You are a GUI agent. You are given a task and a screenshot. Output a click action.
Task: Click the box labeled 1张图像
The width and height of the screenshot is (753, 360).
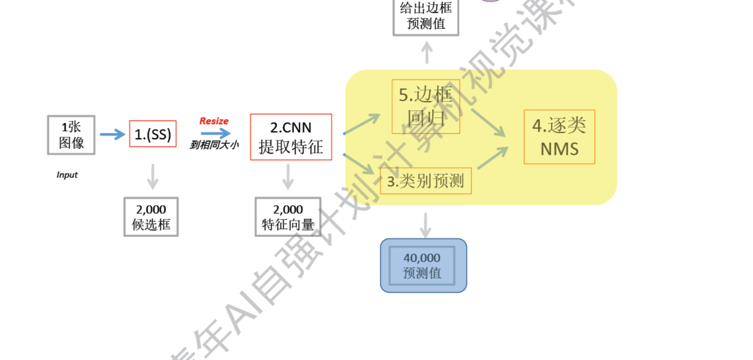click(71, 135)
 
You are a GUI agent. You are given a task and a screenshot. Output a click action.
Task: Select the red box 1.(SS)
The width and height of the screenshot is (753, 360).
click(152, 134)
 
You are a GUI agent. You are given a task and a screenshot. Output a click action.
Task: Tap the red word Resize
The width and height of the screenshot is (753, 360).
click(214, 121)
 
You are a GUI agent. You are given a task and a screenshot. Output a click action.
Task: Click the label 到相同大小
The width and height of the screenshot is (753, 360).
click(214, 145)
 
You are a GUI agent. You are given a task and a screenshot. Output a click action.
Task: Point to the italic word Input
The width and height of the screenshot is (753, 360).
click(67, 175)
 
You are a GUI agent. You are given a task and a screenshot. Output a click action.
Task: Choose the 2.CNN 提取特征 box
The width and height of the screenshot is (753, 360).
click(291, 137)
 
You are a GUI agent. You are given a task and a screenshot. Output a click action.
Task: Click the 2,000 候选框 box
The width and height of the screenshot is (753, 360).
click(151, 217)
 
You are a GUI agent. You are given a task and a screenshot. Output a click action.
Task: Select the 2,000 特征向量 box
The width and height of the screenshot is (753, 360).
click(288, 217)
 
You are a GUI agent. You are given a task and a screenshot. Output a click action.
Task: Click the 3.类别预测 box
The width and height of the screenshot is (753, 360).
click(426, 181)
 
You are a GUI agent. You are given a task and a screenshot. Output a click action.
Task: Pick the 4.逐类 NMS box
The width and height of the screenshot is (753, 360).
click(559, 137)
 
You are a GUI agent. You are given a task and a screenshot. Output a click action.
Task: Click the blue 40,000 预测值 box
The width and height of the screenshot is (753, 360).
click(423, 265)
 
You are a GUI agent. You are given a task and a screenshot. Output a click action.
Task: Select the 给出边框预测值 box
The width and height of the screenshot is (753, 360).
click(426, 16)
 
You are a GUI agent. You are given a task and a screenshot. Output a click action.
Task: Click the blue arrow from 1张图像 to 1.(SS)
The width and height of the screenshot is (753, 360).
click(112, 134)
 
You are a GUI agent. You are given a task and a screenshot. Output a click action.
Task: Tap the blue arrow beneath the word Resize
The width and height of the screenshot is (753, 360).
click(216, 133)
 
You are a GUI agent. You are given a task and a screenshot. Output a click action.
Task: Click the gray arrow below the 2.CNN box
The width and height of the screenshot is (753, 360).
click(288, 176)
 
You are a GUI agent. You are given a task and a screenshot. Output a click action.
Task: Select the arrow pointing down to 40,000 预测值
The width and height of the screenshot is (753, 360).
click(426, 225)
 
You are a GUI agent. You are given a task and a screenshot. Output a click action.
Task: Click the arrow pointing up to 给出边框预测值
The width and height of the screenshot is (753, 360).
click(427, 52)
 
